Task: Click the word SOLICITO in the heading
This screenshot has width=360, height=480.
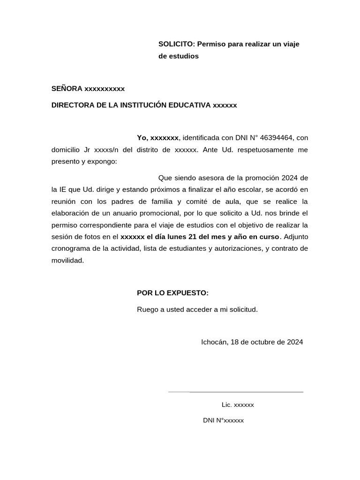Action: (176, 44)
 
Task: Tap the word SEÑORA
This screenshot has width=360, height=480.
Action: (67, 89)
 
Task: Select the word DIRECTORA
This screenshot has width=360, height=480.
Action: (73, 105)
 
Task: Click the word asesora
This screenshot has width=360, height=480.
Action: (215, 178)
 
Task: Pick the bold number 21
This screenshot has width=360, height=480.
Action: (192, 236)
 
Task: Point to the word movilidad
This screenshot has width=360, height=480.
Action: (67, 260)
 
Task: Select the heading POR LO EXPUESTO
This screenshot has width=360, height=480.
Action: (172, 293)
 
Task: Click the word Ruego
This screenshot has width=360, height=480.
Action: (147, 309)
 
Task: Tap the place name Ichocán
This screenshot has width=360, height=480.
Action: (215, 342)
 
